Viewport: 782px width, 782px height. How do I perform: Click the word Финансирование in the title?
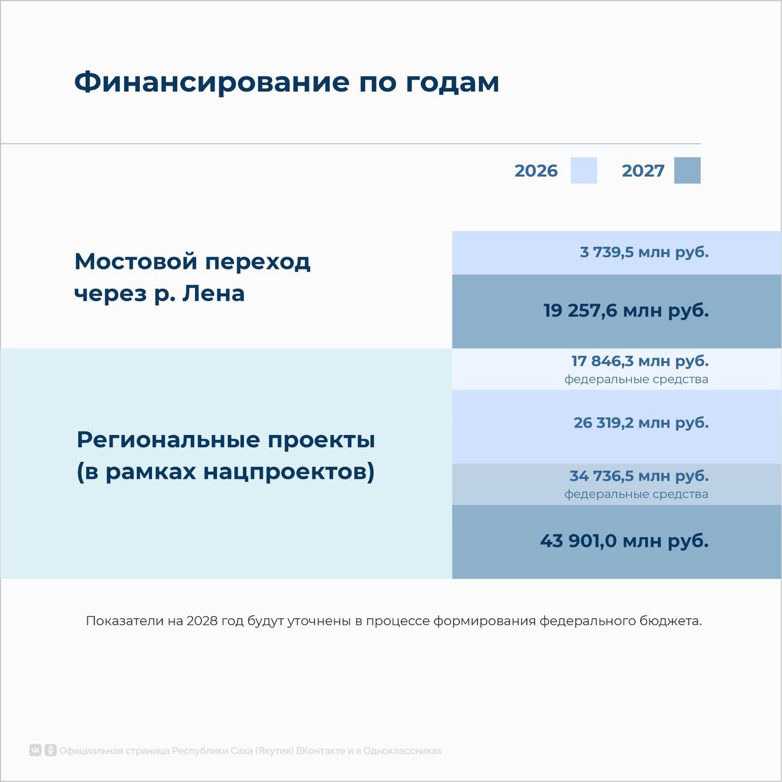coord(211,82)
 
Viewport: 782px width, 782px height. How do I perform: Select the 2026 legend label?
coord(536,171)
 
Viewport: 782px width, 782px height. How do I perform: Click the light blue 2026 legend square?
coord(583,170)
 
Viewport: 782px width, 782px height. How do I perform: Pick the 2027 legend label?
coord(643,171)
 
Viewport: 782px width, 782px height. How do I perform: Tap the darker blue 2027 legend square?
coord(687,170)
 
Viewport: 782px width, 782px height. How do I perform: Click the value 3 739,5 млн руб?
coord(644,252)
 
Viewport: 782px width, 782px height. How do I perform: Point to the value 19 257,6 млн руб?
coord(626,311)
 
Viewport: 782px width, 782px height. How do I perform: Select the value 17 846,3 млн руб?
coord(640,361)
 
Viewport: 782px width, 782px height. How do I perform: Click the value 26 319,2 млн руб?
coord(641,423)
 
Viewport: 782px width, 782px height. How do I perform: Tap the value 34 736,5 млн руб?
coord(639,476)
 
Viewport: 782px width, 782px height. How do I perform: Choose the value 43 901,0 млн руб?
coord(624,541)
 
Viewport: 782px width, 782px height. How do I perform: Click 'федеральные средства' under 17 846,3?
coord(637,379)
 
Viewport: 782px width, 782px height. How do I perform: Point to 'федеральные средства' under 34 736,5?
coord(637,494)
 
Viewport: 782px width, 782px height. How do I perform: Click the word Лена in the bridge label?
coord(213,294)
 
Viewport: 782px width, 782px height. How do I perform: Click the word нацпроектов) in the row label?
coord(288,472)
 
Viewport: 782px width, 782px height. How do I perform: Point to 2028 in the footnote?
coord(202,621)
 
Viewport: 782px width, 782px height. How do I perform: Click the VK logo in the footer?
coord(35,750)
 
